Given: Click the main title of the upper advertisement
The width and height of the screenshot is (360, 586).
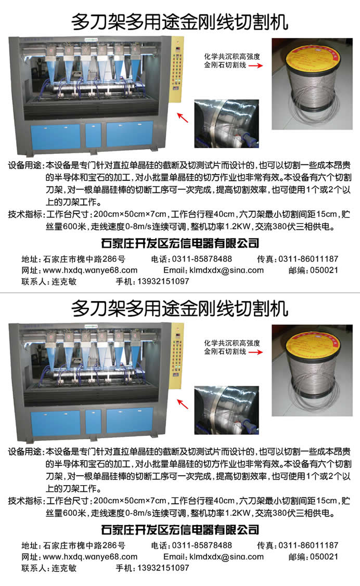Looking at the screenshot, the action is point(180,22).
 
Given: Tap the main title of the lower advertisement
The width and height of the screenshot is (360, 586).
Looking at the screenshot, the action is point(180,308).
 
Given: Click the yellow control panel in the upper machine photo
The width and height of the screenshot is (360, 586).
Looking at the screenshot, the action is point(177,70).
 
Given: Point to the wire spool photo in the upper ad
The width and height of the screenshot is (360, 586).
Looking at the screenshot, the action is point(312,84).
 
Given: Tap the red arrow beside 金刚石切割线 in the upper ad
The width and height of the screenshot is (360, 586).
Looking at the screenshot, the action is point(255,66).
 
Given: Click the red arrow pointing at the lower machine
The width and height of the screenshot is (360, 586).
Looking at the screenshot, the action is point(183,404).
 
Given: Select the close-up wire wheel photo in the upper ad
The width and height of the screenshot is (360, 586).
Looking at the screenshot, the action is point(226,124).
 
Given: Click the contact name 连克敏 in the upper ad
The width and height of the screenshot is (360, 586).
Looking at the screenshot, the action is point(64,281).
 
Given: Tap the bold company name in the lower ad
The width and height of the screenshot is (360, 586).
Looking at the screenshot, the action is point(180,529).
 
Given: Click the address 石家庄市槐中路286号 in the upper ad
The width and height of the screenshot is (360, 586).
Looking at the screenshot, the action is point(84,259).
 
